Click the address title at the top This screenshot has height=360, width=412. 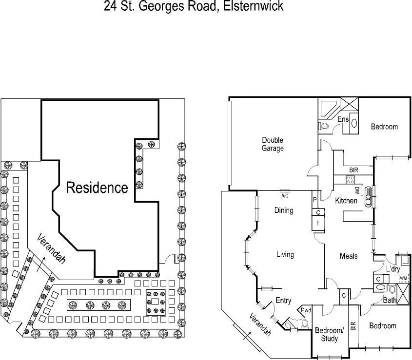click(194, 7)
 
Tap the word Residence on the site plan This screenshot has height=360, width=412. click(97, 188)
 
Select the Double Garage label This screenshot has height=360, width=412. click(272, 144)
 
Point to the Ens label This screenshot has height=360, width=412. click(343, 119)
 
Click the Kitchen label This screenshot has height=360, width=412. click(346, 201)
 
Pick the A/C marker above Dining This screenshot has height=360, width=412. click(285, 196)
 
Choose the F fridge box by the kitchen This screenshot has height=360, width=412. click(318, 224)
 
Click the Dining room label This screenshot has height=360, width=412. click(283, 210)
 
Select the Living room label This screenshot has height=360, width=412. click(285, 254)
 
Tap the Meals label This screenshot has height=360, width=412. click(349, 256)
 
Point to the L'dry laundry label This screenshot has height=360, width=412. click(393, 269)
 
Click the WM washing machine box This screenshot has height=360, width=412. click(403, 278)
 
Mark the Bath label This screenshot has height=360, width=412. click(390, 301)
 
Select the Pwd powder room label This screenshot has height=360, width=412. click(306, 310)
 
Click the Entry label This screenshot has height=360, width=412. click(283, 301)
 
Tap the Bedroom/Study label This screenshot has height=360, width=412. click(330, 335)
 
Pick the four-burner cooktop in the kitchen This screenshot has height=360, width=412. click(350, 180)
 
